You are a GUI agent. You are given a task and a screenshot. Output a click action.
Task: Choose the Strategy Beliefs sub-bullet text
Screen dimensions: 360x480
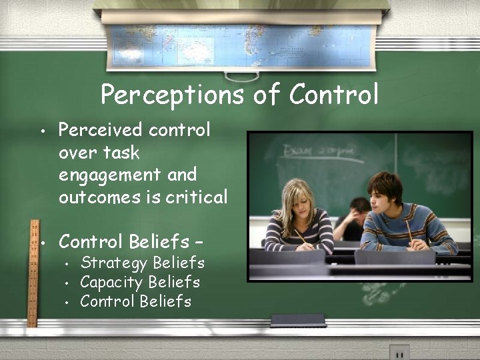click(142, 263)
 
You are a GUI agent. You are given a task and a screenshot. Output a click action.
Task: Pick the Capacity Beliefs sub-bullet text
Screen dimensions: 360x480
click(140, 282)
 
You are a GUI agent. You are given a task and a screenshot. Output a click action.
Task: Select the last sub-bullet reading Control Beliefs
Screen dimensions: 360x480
click(135, 301)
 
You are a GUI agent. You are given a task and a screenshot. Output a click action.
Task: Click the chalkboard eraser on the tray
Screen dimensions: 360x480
click(298, 320)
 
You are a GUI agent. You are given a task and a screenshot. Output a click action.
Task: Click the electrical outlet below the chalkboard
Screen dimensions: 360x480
click(399, 353)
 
